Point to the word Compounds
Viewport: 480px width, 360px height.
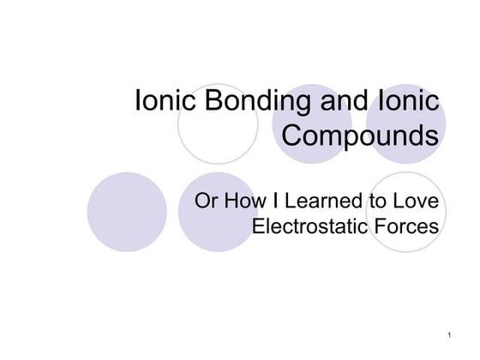pyautogui.click(x=360, y=135)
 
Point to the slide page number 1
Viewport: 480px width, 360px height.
pyautogui.click(x=448, y=332)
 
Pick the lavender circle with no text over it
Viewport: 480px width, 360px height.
pyautogui.click(x=127, y=212)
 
